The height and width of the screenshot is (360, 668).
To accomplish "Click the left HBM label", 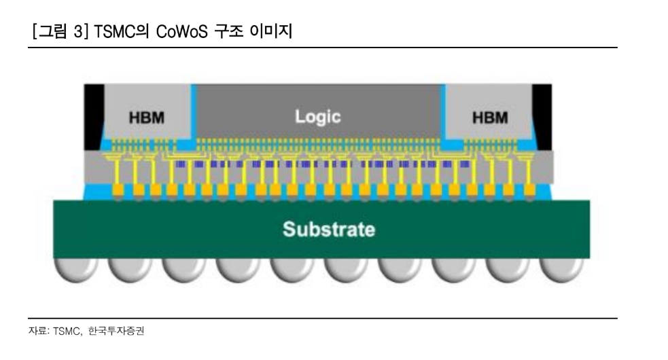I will pos(146,118).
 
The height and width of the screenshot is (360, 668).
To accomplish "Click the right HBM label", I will pos(489,118).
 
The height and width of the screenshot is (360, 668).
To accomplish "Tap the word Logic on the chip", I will pos(317,116).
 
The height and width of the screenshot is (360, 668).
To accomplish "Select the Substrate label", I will pos(328,229).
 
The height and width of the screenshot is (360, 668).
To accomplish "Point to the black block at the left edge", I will pos(93,116).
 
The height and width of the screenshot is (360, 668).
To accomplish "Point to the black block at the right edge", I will pos(542,116).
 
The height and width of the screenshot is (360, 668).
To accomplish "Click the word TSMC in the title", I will pos(107,31).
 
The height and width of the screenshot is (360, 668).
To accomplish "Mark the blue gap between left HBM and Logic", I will pos(193,112).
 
